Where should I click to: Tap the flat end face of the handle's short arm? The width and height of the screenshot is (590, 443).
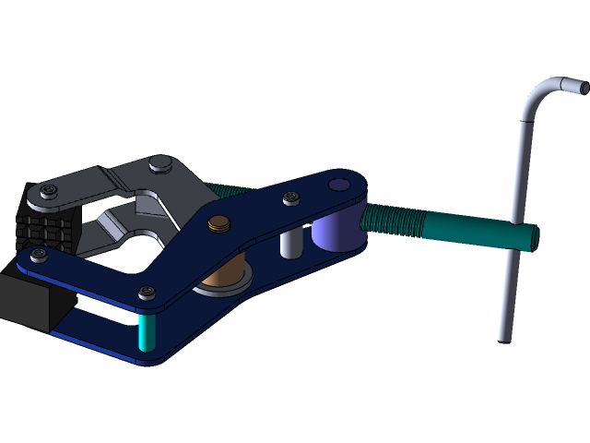tap(584, 87)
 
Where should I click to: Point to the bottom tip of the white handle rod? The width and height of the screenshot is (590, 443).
tap(503, 337)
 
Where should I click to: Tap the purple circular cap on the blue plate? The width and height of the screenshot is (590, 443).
tap(338, 185)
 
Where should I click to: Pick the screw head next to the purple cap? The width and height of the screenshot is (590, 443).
tap(292, 198)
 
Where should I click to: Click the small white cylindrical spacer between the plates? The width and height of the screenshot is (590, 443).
tap(290, 243)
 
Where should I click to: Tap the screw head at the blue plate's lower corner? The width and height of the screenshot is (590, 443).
tap(147, 293)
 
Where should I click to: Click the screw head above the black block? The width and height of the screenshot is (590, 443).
tap(38, 255)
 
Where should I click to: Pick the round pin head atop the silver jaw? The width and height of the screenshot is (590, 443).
tap(159, 164)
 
